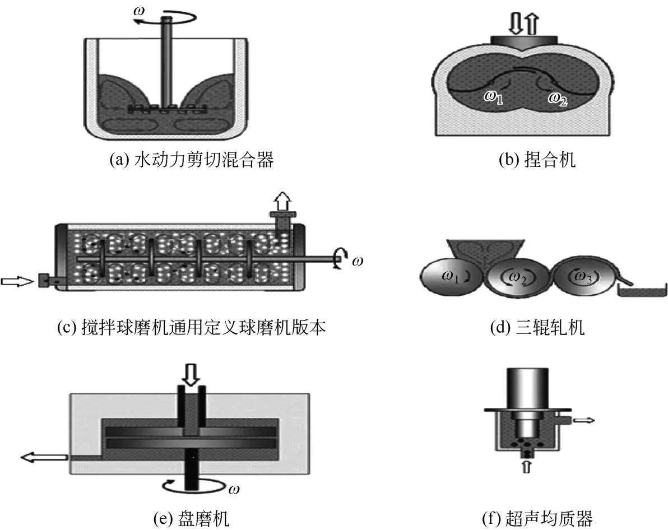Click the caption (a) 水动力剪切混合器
pos(192,161)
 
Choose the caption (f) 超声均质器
pos(537,519)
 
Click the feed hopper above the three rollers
pos(483,250)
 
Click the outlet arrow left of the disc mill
pos(43,458)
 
